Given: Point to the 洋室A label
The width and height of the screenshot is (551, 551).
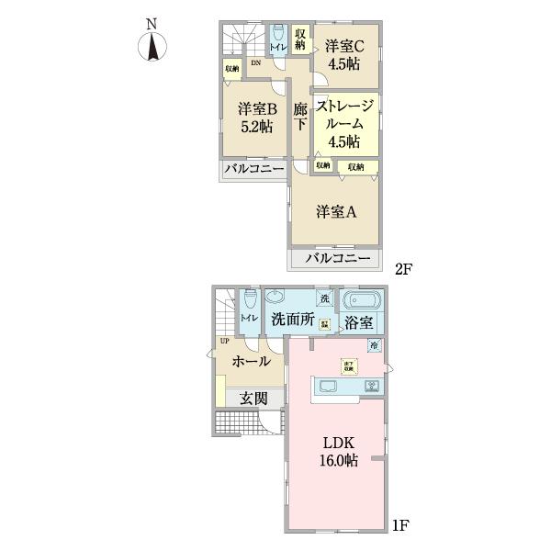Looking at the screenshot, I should coord(336,212).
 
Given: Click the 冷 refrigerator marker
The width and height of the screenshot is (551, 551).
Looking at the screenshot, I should coord(375,345).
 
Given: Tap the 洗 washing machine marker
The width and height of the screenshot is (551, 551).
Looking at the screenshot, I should coord(323,298).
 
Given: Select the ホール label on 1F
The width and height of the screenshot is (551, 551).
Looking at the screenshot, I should coord(251,361).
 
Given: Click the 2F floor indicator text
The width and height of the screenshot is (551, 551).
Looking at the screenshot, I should coord(405,269).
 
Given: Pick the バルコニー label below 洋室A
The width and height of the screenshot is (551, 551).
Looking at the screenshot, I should coord(336,259).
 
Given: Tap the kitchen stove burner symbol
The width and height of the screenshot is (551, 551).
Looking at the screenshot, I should coord(373,385).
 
